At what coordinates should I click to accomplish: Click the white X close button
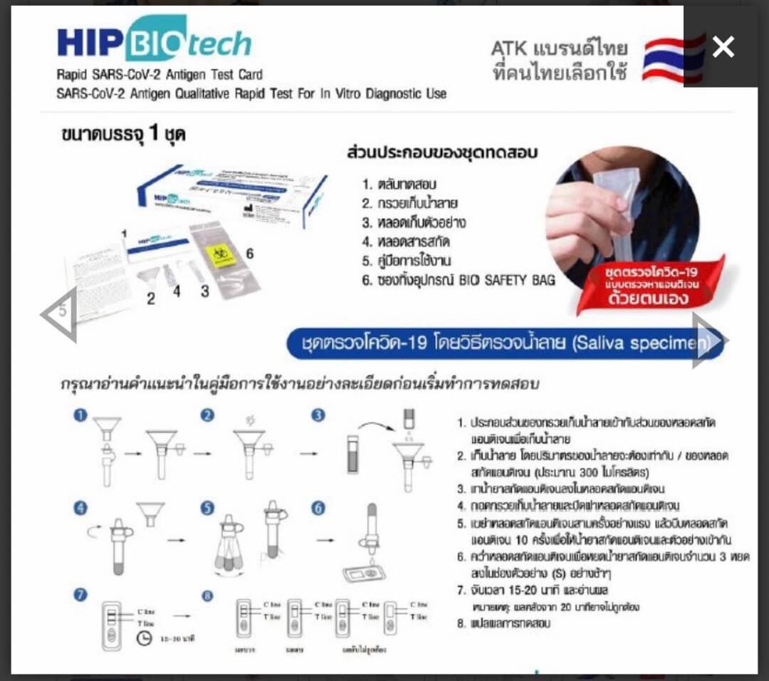click(x=723, y=47)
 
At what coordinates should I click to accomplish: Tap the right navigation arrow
click(x=708, y=341)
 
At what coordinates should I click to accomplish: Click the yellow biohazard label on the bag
click(x=221, y=252)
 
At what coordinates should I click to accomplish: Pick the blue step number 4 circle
click(x=80, y=508)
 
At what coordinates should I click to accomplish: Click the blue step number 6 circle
click(x=318, y=508)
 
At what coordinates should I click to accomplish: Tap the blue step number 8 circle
click(x=207, y=596)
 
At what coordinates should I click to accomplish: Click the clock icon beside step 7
click(x=144, y=638)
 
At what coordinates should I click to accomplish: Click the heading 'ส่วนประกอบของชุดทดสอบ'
click(x=441, y=153)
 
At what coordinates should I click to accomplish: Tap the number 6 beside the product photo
click(x=250, y=253)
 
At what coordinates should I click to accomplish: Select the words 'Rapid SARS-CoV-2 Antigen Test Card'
click(x=159, y=75)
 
